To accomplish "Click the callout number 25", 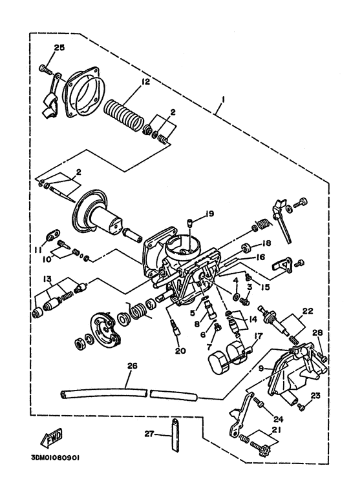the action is pyautogui.click(x=59, y=48).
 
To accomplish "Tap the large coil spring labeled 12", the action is pyautogui.click(x=124, y=114).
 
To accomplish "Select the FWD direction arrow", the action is pyautogui.click(x=51, y=438).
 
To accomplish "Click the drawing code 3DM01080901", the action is pyautogui.click(x=55, y=458).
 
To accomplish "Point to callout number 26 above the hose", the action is pyautogui.click(x=133, y=366).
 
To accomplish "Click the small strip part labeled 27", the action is pyautogui.click(x=175, y=434).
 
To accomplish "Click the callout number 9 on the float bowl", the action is pyautogui.click(x=261, y=369).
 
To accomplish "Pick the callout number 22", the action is pyautogui.click(x=308, y=311).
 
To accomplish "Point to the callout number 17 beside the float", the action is pyautogui.click(x=258, y=336).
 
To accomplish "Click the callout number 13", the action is pyautogui.click(x=47, y=279).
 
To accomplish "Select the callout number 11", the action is pyautogui.click(x=38, y=250).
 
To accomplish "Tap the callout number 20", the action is pyautogui.click(x=180, y=351).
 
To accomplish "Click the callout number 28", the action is pyautogui.click(x=317, y=333).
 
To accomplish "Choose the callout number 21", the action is pyautogui.click(x=276, y=430).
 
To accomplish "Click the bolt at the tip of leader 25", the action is pyautogui.click(x=45, y=68).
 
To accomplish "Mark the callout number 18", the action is pyautogui.click(x=266, y=243).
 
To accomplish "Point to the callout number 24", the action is pyautogui.click(x=278, y=420).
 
